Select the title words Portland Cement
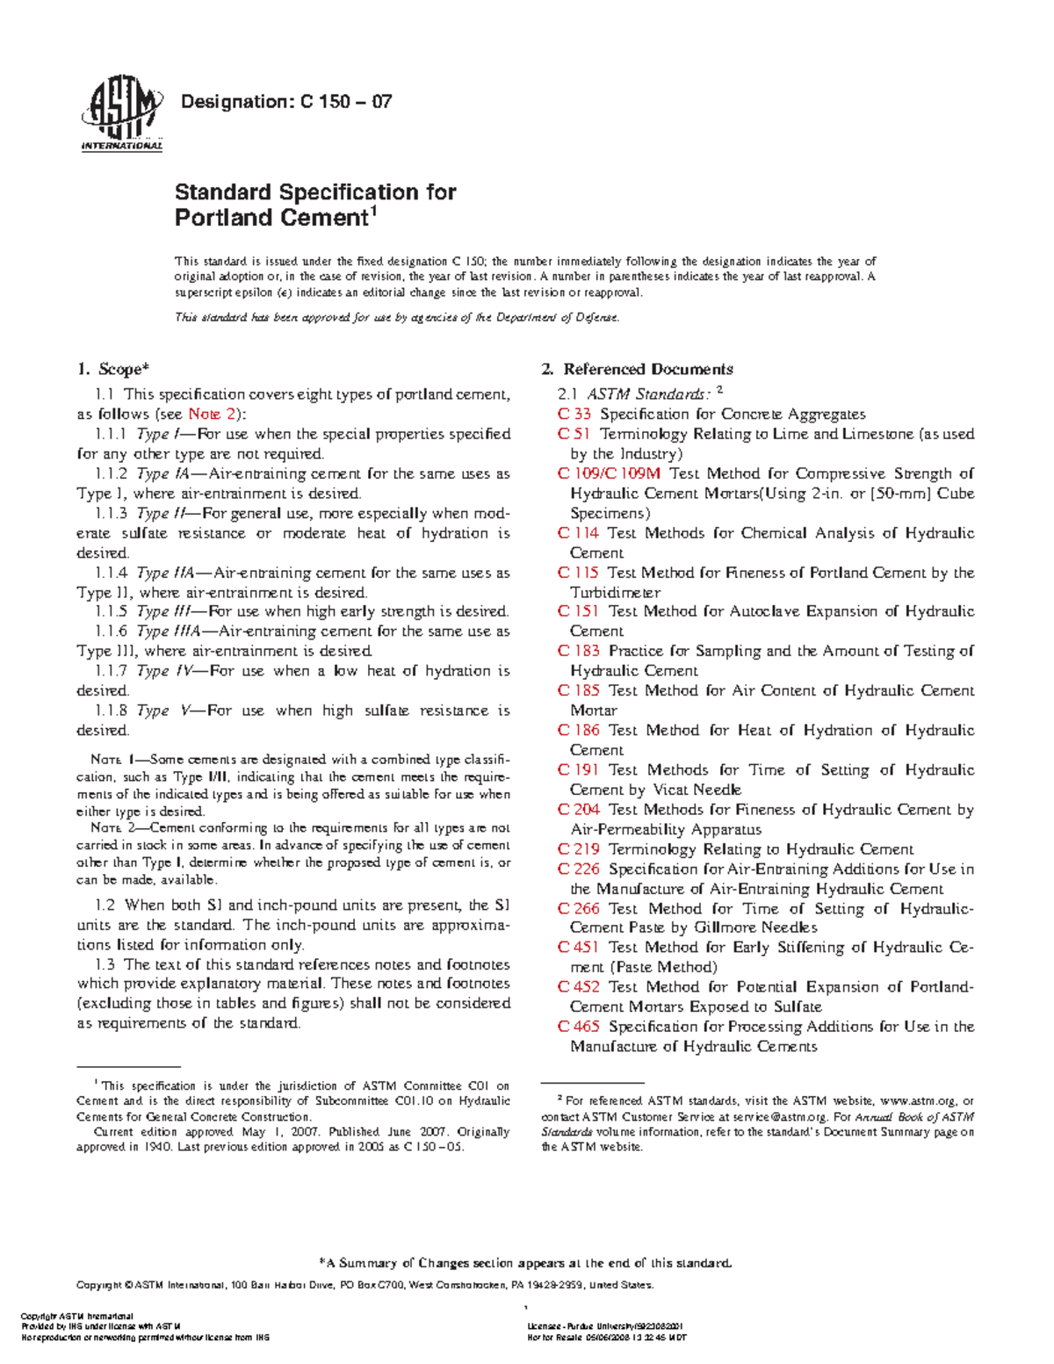click(x=271, y=218)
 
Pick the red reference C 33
click(x=574, y=414)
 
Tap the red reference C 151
click(x=578, y=611)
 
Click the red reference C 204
click(x=579, y=810)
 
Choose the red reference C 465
click(x=579, y=1027)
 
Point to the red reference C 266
click(x=579, y=909)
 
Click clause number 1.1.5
click(x=112, y=611)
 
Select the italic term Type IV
click(x=164, y=671)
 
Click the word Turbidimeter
click(x=615, y=592)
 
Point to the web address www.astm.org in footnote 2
click(x=917, y=1101)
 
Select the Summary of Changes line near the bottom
click(x=525, y=1263)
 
